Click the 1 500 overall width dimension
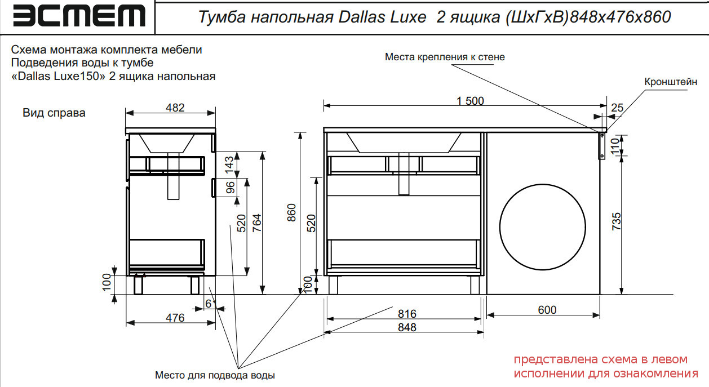[x=471, y=101]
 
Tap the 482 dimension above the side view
[x=175, y=108]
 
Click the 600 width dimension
[x=547, y=310]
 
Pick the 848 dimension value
[x=406, y=327]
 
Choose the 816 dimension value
[x=406, y=314]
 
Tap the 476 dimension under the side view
[x=175, y=318]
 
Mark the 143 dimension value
[x=229, y=164]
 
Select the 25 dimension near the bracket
[x=617, y=108]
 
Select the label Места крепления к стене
[x=445, y=57]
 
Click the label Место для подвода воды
[x=215, y=375]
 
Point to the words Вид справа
[x=54, y=113]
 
